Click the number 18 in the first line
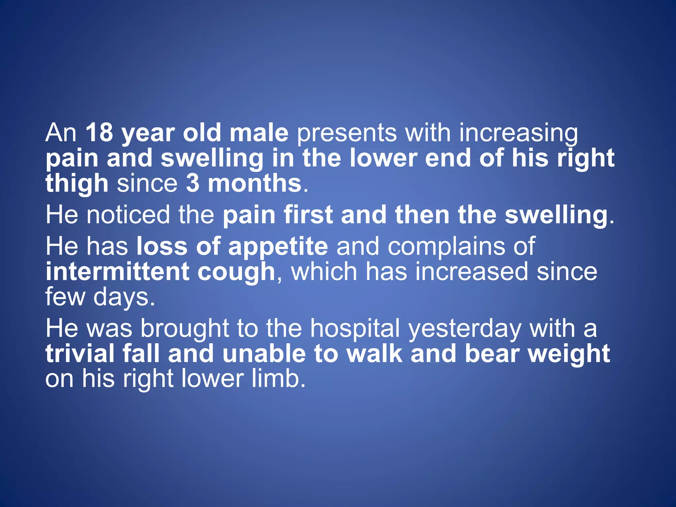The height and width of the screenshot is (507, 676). (x=99, y=133)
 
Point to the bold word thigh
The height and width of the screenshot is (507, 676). (x=77, y=184)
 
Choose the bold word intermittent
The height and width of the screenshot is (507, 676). (x=117, y=272)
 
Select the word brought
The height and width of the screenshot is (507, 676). (x=185, y=329)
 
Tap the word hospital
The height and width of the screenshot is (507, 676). (x=355, y=329)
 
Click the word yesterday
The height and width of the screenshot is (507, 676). (x=465, y=329)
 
